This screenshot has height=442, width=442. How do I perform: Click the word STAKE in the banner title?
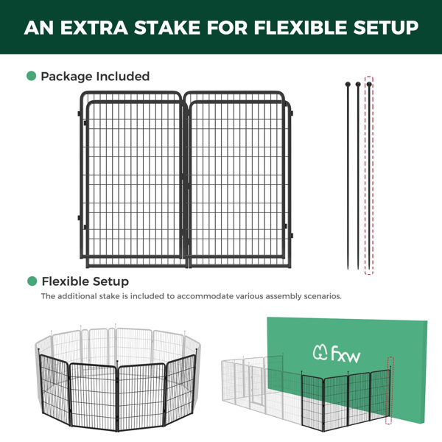tap(168, 27)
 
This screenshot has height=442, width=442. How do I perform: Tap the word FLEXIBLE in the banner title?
tap(301, 27)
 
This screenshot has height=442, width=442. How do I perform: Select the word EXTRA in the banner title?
tap(94, 27)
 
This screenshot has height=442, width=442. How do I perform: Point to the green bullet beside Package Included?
tap(31, 76)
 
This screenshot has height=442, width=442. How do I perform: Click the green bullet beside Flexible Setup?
tap(32, 281)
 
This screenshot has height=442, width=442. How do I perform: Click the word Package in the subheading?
tap(66, 77)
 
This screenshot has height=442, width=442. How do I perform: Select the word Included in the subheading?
tap(122, 76)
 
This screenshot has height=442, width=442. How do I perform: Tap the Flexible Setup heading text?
tap(85, 281)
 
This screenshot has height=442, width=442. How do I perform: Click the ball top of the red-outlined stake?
tap(369, 84)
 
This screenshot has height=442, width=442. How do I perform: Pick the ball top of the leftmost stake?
tap(348, 84)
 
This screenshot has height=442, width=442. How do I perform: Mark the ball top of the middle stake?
tap(358, 84)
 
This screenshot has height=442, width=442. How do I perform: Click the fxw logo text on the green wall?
tap(345, 354)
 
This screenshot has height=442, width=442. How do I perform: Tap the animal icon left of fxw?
tap(320, 352)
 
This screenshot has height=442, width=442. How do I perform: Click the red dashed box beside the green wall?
tap(390, 390)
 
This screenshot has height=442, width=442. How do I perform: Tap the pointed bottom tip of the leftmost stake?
tap(348, 269)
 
